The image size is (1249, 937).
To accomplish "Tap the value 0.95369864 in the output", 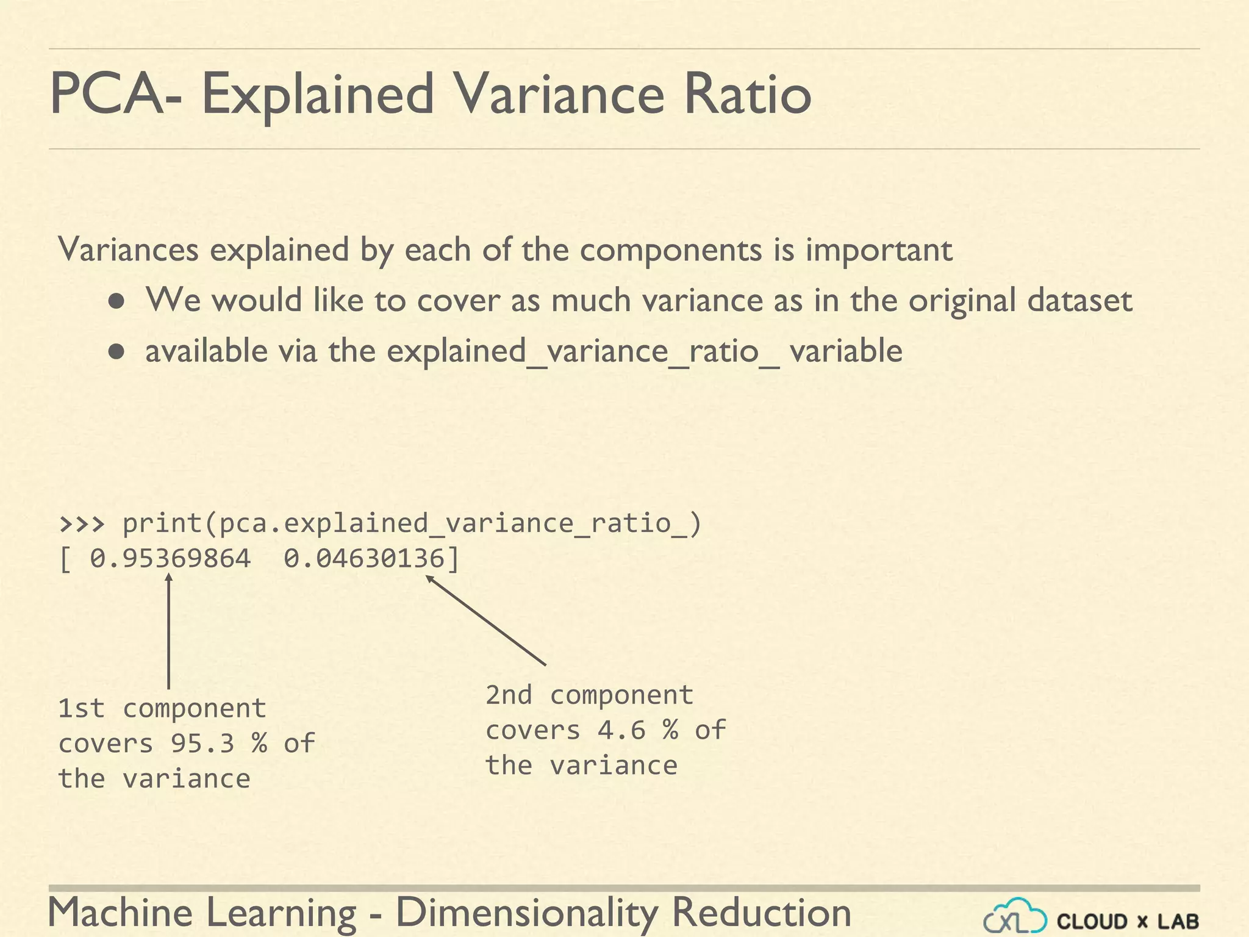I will tap(170, 559).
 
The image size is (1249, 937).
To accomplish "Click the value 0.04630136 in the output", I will tap(364, 559).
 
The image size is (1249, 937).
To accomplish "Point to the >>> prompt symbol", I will tap(82, 523).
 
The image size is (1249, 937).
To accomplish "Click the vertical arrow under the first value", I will tap(169, 634).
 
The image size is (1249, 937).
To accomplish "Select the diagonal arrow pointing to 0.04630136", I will tap(485, 620).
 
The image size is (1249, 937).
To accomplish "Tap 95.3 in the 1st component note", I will tap(202, 743).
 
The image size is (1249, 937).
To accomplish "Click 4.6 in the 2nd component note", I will tap(621, 730).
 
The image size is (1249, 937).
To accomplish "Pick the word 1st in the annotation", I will tap(82, 708).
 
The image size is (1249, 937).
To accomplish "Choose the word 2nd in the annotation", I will tap(509, 695).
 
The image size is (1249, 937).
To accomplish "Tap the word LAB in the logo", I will tap(1178, 921).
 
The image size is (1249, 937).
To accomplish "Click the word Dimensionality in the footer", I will tap(527, 913).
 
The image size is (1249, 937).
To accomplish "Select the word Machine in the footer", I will tap(120, 913).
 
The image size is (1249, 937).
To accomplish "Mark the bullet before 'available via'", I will tap(117, 352).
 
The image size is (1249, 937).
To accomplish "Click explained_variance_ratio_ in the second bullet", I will tap(583, 351).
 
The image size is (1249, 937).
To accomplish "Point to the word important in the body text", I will tap(879, 250).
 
